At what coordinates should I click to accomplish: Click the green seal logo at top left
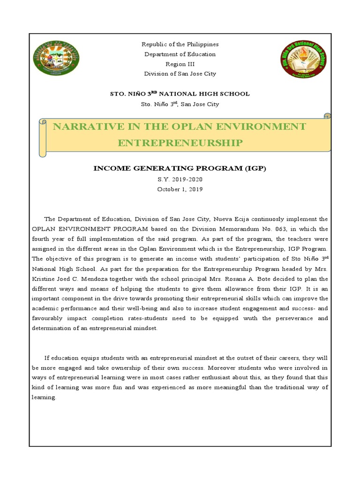tap(56, 59)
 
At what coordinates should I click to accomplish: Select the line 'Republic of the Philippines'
tap(180, 45)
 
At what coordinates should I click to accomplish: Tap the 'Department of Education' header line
tap(180, 54)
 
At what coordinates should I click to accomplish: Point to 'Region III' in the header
tap(180, 64)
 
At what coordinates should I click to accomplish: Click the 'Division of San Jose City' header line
tap(180, 74)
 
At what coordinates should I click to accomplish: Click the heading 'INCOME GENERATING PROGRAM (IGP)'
tap(180, 168)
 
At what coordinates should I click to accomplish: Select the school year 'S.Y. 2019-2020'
tap(180, 180)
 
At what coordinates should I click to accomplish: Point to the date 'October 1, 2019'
tap(180, 189)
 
